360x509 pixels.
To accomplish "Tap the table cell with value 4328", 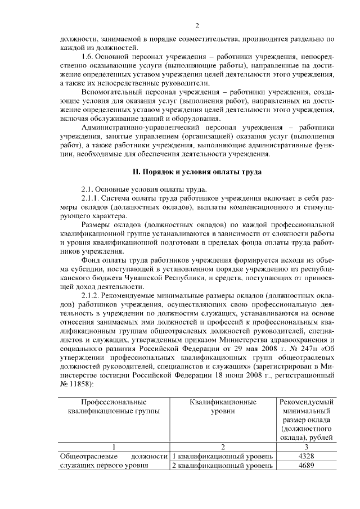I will [x=306, y=456].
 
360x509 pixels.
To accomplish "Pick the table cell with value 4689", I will [x=306, y=465].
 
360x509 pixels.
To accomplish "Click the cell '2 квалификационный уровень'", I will [x=223, y=465].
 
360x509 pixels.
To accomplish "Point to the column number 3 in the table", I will [x=306, y=446].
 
